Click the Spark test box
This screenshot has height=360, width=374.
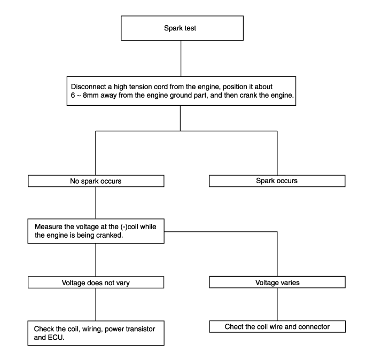(182, 28)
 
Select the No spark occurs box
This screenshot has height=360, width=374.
(96, 181)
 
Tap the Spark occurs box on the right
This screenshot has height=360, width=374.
(277, 181)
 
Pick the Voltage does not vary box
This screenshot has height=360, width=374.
(96, 283)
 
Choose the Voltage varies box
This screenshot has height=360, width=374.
(277, 282)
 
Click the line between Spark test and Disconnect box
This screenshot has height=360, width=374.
(181, 58)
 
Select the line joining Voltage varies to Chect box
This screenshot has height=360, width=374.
(277, 304)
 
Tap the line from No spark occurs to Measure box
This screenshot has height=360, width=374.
(96, 203)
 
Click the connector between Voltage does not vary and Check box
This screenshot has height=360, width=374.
(96, 304)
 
